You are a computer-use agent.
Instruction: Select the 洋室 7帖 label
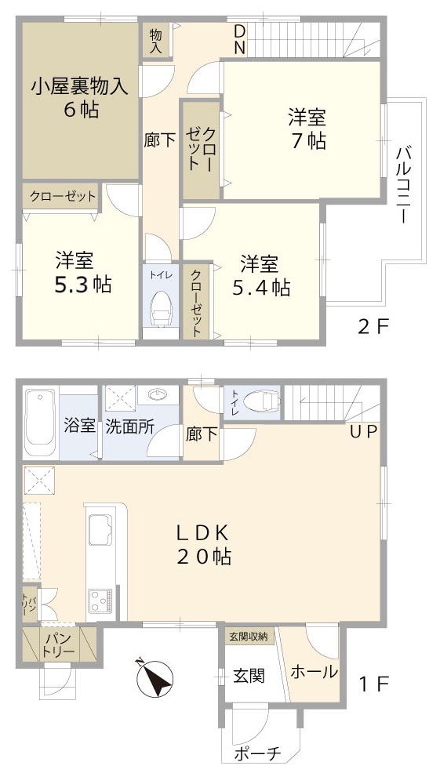click(307, 129)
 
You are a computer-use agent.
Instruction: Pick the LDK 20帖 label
click(202, 545)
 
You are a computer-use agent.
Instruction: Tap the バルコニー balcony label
click(404, 184)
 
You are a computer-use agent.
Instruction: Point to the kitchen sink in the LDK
click(102, 526)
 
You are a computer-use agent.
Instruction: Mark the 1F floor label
click(373, 684)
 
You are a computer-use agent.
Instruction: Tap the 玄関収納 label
click(248, 637)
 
